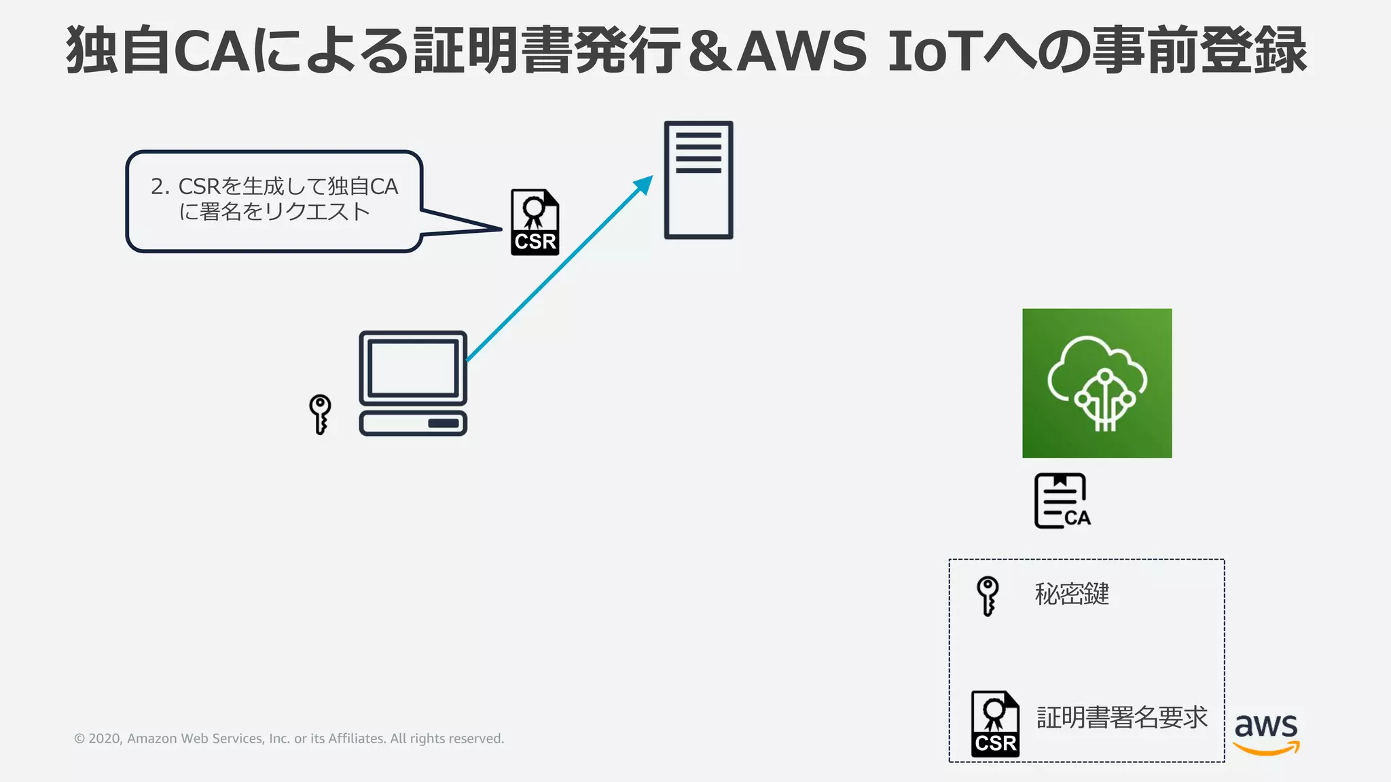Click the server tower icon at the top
[698, 180]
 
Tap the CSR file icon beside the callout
[535, 223]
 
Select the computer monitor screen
[412, 368]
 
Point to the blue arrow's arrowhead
[643, 185]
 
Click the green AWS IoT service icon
[1097, 383]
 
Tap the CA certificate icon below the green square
[1062, 501]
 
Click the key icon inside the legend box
[988, 595]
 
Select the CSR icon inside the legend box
[995, 724]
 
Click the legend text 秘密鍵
[1072, 594]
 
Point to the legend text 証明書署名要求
[1121, 718]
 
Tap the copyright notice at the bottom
[289, 739]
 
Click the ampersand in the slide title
[710, 52]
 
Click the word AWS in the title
[802, 52]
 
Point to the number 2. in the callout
[160, 187]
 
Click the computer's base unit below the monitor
[412, 423]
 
